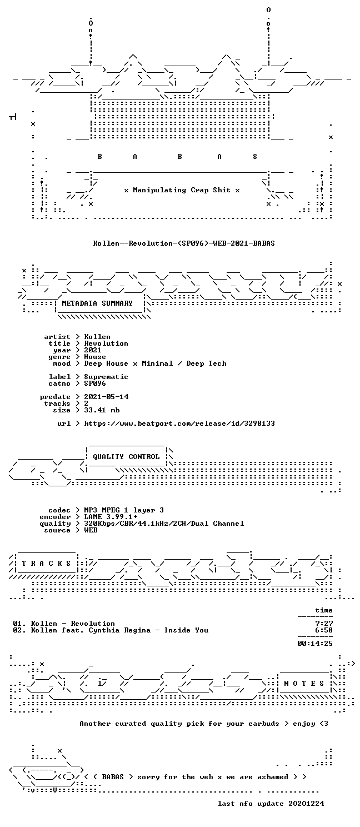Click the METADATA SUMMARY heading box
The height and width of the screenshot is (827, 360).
tap(97, 303)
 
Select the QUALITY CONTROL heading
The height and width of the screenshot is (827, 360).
tap(126, 457)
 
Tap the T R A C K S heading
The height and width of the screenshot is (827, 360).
tap(46, 564)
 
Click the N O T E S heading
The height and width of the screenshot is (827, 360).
tap(303, 684)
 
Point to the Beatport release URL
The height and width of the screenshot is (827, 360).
tap(179, 424)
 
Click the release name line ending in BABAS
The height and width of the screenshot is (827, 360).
tap(184, 243)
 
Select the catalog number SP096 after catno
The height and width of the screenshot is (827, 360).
tap(95, 383)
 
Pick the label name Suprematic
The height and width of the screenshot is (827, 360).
tap(106, 377)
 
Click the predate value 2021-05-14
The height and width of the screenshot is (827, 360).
tap(106, 397)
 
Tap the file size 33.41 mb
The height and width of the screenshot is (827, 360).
tap(102, 410)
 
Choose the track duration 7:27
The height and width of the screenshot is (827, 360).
tap(324, 624)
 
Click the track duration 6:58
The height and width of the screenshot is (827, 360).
tap(324, 630)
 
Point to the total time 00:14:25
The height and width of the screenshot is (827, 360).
tap(315, 644)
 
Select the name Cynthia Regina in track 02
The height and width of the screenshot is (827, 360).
tap(119, 630)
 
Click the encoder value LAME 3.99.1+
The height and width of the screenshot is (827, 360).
tap(111, 517)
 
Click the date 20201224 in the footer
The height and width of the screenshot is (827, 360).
tap(307, 804)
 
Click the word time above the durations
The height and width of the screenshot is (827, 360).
tap(324, 610)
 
